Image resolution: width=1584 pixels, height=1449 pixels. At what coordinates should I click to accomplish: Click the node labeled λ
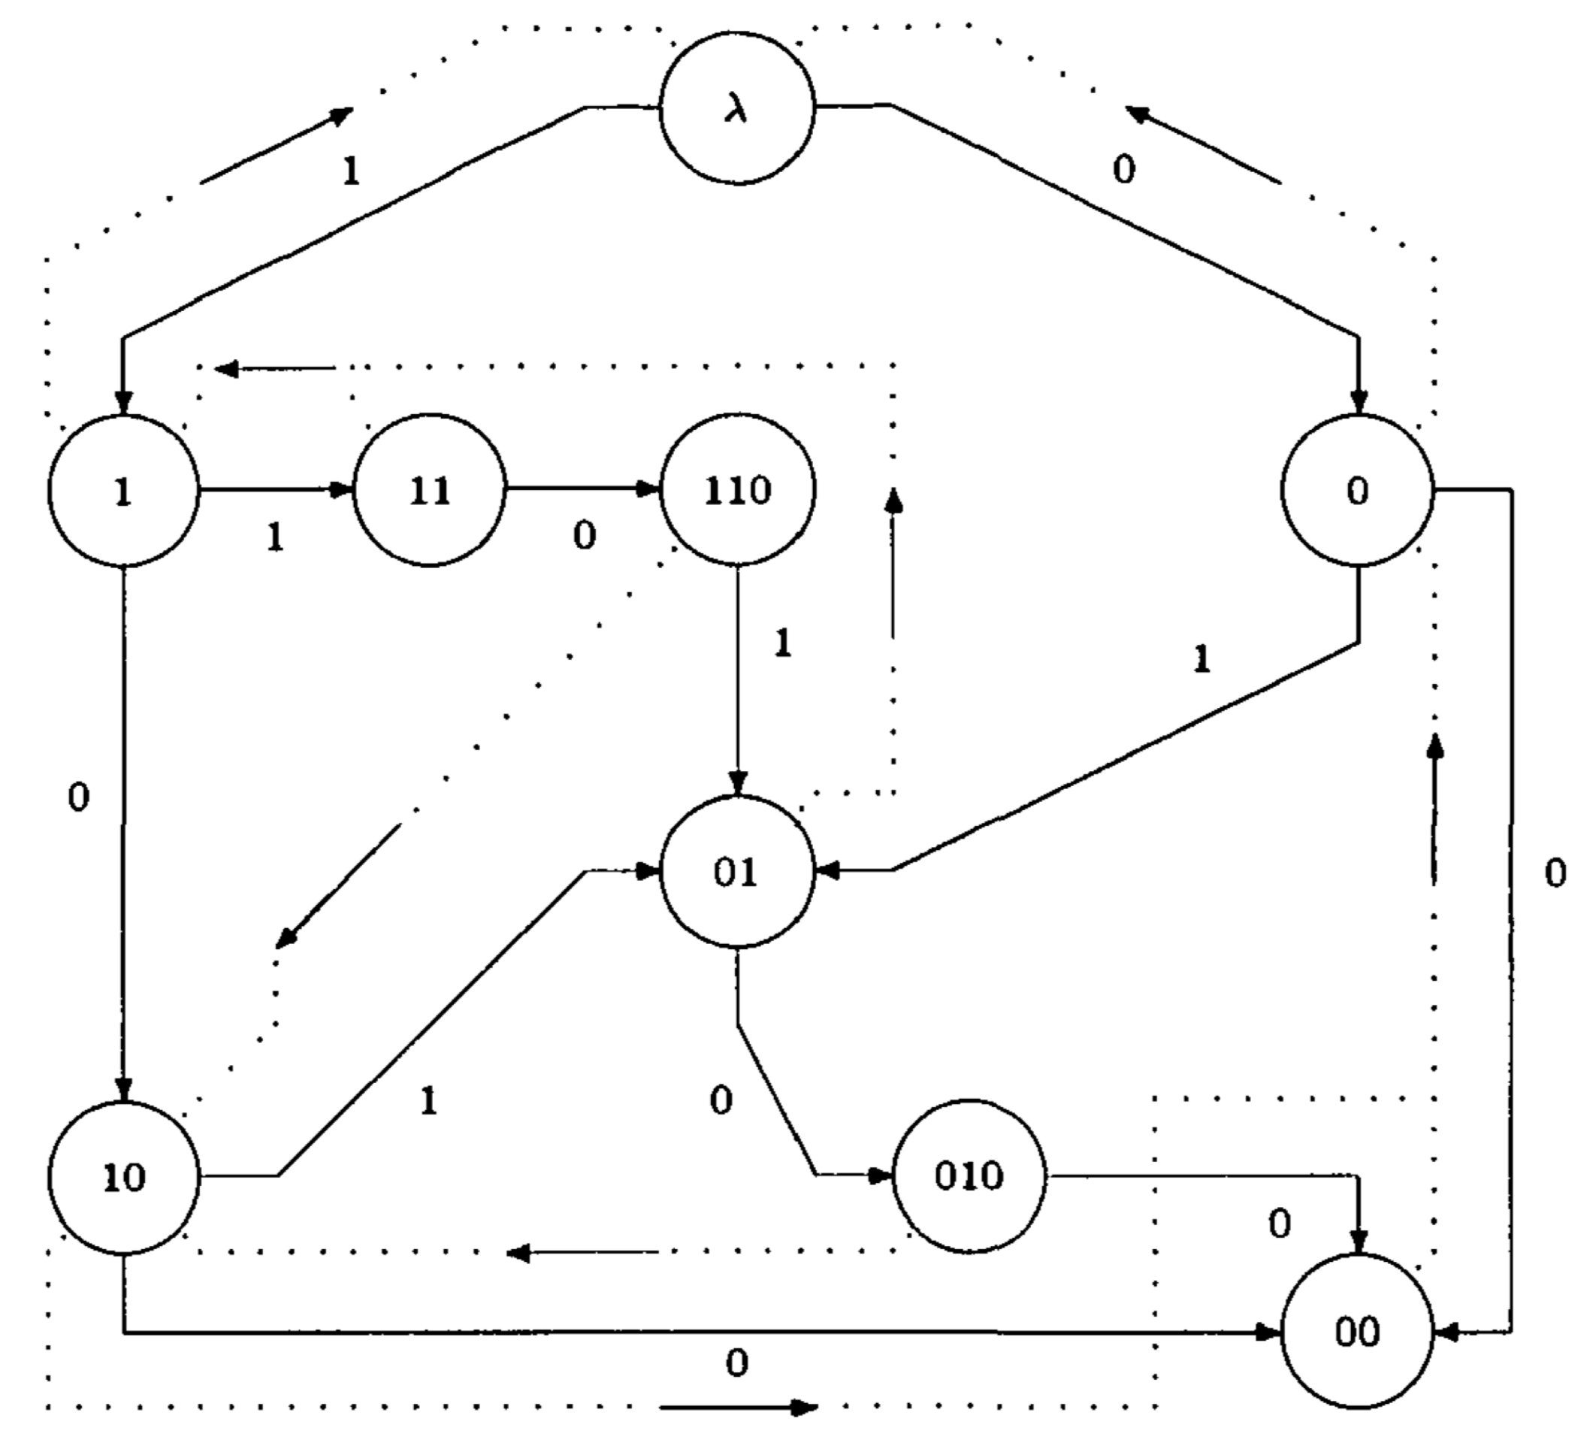737,108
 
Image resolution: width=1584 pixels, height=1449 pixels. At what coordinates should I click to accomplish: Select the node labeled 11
429,490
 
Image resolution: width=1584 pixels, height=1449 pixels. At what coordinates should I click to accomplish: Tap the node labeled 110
737,490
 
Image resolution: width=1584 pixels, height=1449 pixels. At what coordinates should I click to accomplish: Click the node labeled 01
737,873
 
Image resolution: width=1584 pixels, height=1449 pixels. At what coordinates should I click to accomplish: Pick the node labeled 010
969,1176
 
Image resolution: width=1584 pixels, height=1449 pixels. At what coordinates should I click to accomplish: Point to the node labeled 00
1358,1331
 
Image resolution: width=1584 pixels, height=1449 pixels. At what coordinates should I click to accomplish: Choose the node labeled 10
124,1176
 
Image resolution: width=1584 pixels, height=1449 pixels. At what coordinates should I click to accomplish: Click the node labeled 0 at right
1358,490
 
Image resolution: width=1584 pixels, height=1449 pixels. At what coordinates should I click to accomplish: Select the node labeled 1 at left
122,490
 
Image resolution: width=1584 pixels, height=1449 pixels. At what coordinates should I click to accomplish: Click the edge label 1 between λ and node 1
351,171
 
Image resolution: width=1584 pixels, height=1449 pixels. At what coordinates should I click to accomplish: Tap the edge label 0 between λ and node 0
1124,169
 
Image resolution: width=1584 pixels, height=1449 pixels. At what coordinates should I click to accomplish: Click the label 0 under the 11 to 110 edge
584,536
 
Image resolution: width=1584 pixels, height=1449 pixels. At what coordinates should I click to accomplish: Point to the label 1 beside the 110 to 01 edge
782,643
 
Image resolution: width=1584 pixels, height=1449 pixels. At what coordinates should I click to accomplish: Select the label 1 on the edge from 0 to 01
1202,658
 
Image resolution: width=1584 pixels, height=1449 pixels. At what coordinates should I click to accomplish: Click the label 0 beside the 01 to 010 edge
721,1101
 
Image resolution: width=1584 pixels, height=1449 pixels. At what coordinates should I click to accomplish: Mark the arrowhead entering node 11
342,490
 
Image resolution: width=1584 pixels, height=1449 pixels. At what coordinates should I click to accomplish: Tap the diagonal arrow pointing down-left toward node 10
338,885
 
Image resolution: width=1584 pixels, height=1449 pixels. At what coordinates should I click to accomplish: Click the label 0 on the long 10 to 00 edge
736,1363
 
